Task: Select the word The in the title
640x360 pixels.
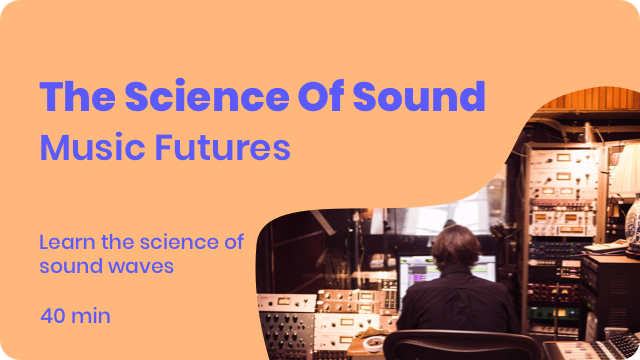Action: (x=76, y=97)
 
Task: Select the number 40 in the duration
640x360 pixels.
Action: (x=55, y=316)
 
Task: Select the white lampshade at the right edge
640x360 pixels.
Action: (x=625, y=171)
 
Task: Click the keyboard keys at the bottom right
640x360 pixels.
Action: (x=600, y=349)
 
